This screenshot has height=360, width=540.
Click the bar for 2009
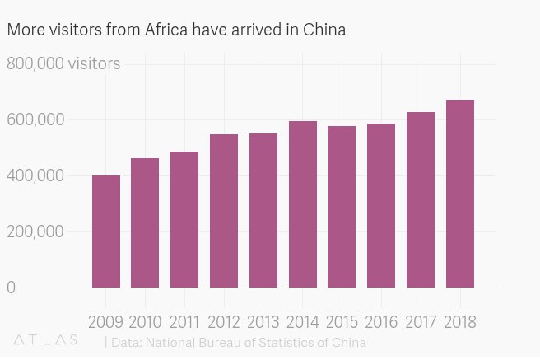pyautogui.click(x=105, y=231)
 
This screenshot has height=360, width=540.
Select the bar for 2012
pyautogui.click(x=224, y=211)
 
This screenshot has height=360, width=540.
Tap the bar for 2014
pyautogui.click(x=302, y=204)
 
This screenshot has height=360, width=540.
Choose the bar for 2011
pyautogui.click(x=184, y=220)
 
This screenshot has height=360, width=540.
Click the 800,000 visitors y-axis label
pyautogui.click(x=63, y=63)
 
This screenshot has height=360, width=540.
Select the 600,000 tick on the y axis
pyautogui.click(x=35, y=119)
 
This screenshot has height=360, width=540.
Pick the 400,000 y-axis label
pyautogui.click(x=35, y=175)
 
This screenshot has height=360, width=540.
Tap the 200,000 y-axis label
pyautogui.click(x=35, y=231)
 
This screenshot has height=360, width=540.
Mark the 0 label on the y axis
pyautogui.click(x=12, y=288)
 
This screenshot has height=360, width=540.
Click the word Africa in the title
pyautogui.click(x=168, y=30)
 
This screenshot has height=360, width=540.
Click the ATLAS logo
pyautogui.click(x=46, y=339)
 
